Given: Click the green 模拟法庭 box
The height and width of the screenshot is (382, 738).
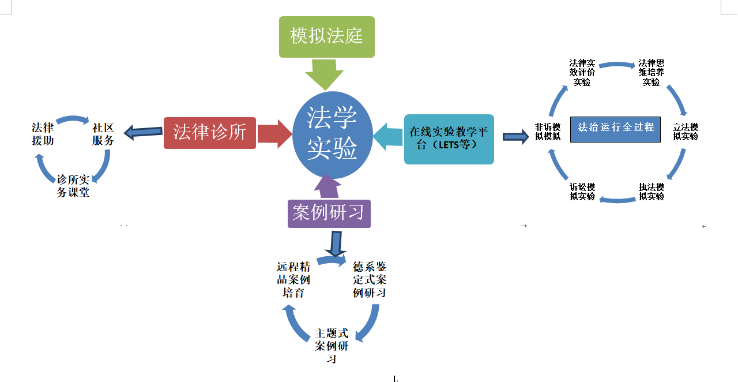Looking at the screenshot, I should coord(326,37).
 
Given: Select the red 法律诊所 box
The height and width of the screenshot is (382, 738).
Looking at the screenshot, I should coord(210,133).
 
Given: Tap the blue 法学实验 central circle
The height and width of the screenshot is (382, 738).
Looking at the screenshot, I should coord(332,135).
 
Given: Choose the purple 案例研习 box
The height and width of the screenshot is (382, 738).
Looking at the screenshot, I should coord(329,212).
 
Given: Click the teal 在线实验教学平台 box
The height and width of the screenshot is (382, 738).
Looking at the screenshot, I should coord(449,138).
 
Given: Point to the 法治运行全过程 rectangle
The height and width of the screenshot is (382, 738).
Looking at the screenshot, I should coord(615,129).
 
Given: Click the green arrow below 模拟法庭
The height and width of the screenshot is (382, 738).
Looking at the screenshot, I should coord(324,73).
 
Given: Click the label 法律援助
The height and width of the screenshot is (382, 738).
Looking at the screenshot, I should coord(43,134).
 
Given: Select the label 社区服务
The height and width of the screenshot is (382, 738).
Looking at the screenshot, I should coord(103,134).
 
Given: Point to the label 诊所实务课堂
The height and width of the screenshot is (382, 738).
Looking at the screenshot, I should coord(73,186).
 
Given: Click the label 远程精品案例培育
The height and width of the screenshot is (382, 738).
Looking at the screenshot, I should coord(294,280).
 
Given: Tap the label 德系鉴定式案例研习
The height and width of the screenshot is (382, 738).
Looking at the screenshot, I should coord(370,280).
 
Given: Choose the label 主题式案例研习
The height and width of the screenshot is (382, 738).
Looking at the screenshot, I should coord(332,346).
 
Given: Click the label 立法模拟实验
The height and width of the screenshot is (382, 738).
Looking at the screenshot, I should coord(686,132).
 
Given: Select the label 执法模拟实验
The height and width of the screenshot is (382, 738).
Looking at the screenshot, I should coord(652,192).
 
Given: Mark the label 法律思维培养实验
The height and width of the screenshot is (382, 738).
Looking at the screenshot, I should coord(652,73).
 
